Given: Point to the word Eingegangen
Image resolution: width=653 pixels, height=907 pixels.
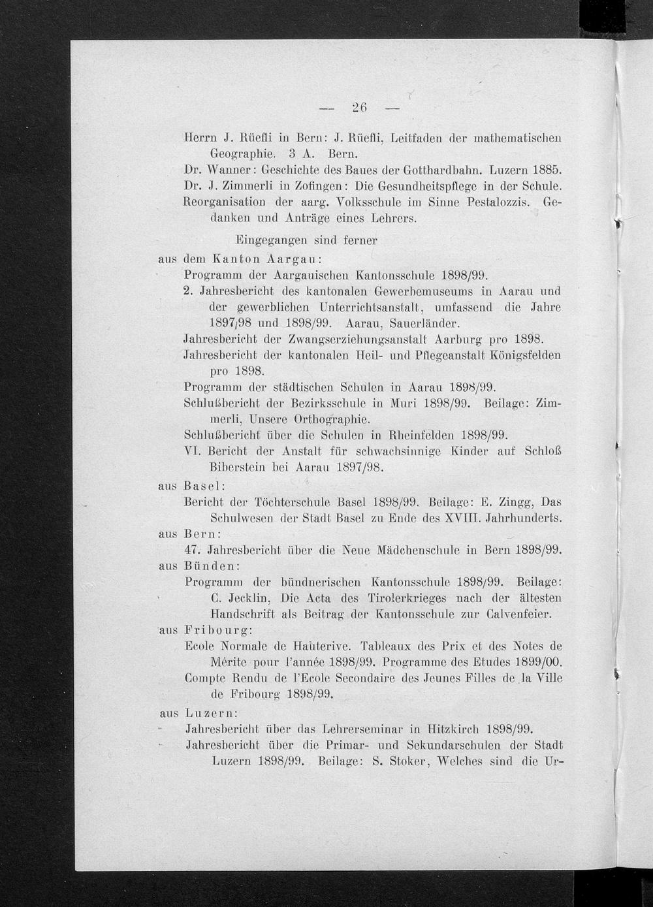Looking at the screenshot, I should point(268,240).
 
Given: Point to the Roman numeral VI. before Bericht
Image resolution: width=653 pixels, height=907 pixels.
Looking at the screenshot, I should point(195,451).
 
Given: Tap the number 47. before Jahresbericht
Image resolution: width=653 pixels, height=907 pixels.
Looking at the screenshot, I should point(193,550).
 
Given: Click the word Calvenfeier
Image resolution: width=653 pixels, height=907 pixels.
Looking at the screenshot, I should point(519,614).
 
